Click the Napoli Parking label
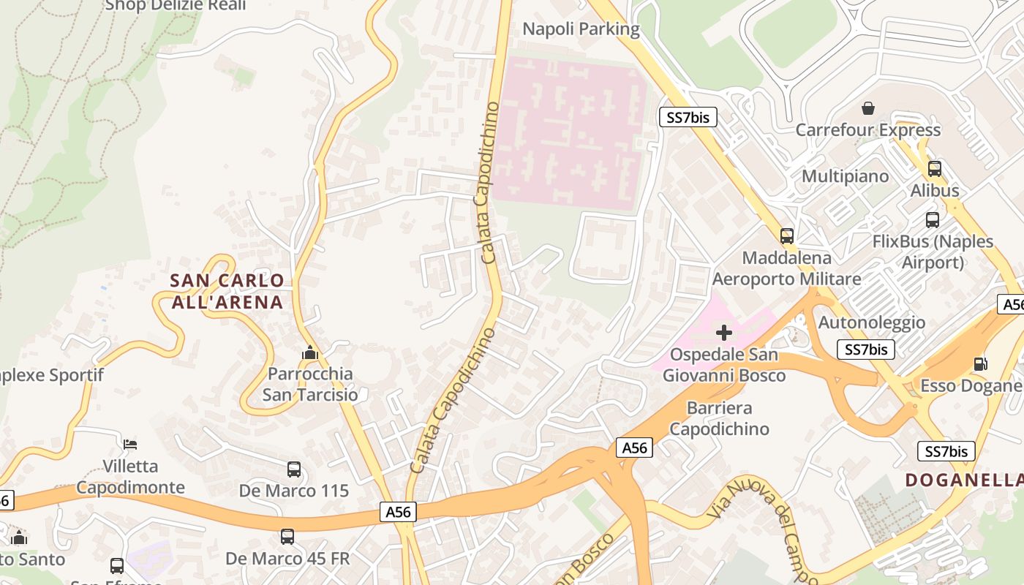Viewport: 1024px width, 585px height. coord(581,29)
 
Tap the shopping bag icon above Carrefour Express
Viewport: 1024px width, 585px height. coord(867,109)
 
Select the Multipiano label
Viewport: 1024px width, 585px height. coord(845,176)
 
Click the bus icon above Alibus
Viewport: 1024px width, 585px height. coord(934,169)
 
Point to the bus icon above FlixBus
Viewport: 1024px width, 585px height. coord(932,220)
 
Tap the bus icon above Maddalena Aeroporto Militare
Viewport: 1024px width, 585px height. coord(786,236)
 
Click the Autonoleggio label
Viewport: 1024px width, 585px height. coord(871,322)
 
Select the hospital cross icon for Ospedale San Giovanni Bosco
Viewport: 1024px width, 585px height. coord(723,333)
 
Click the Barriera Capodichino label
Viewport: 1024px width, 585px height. coord(720,418)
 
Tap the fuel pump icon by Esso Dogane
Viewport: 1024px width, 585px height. coord(980,363)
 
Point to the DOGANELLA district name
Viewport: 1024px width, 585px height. coord(964,480)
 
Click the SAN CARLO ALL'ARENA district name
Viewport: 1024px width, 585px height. coord(227,291)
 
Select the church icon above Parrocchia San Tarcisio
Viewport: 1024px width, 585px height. coord(310,353)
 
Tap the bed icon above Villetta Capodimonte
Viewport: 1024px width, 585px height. coord(129,445)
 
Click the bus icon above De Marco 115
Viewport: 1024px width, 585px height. coord(293,469)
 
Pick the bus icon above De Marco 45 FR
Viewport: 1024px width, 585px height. coord(287,537)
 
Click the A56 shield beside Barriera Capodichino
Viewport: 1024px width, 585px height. coord(633,448)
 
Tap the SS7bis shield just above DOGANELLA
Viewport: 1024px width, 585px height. coord(946,451)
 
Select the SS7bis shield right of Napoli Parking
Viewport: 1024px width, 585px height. coord(688,117)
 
